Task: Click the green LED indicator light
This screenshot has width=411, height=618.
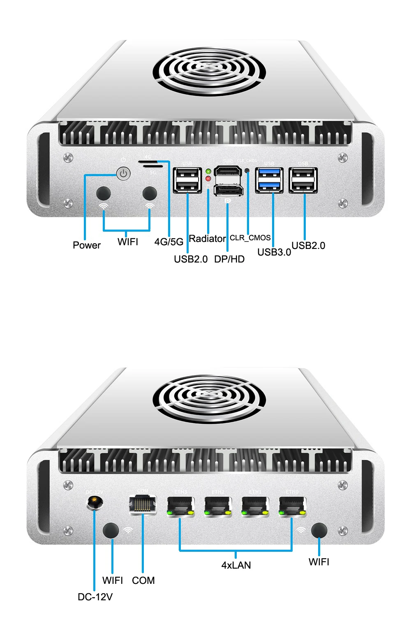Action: pyautogui.click(x=208, y=171)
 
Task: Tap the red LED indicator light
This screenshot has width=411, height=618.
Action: pyautogui.click(x=208, y=179)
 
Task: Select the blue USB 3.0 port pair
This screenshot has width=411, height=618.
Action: pyautogui.click(x=269, y=180)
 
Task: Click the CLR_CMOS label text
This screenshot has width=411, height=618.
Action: pyautogui.click(x=250, y=238)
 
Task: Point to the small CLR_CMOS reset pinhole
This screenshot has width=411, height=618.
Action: pyautogui.click(x=247, y=170)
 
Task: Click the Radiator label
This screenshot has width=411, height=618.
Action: pyautogui.click(x=207, y=239)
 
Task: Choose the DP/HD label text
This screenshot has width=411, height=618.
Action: pyautogui.click(x=229, y=259)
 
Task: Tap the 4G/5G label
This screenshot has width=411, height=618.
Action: pyautogui.click(x=169, y=242)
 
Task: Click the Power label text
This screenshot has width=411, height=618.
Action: pyautogui.click(x=87, y=245)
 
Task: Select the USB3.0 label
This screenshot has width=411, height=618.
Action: pyautogui.click(x=274, y=252)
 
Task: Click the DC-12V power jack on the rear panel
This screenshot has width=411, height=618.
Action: pyautogui.click(x=95, y=502)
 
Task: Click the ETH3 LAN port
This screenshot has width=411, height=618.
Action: pyautogui.click(x=180, y=506)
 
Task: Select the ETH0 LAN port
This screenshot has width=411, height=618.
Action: pyautogui.click(x=292, y=506)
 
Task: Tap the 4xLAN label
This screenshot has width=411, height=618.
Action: pyautogui.click(x=236, y=565)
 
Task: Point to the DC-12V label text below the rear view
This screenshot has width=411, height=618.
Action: pyautogui.click(x=95, y=597)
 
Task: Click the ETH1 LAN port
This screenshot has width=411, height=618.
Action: pyautogui.click(x=255, y=506)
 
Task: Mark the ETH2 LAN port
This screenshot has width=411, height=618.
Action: pyautogui.click(x=218, y=506)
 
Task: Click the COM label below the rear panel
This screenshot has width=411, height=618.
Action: pyautogui.click(x=143, y=581)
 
